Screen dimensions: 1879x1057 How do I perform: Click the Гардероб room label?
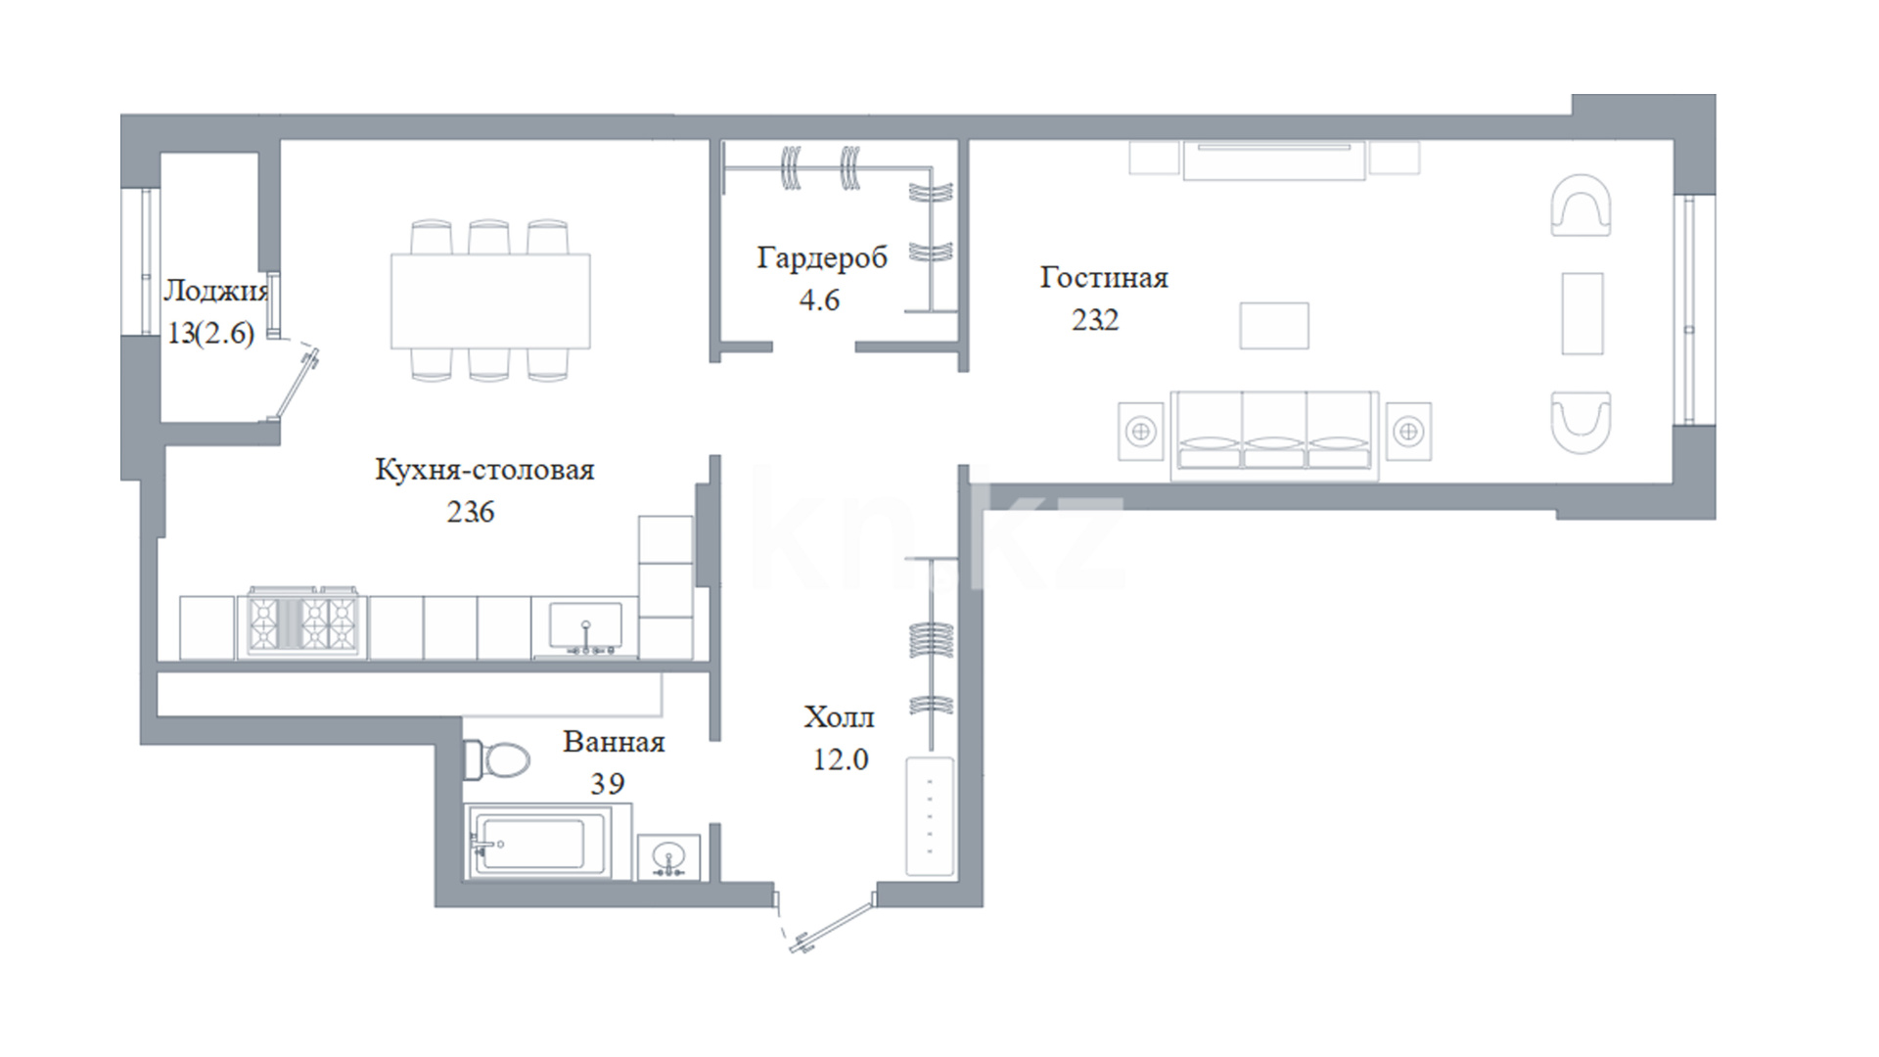[822, 257]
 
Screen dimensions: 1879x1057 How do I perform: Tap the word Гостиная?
[1104, 278]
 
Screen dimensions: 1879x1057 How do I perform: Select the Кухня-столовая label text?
[484, 470]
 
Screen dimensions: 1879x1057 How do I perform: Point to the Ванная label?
[614, 742]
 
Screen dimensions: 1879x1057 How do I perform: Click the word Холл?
[840, 717]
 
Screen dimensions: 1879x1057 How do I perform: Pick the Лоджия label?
[215, 291]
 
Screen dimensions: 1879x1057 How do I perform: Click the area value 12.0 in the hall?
[841, 759]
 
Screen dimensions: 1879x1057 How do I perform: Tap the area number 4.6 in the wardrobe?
[820, 299]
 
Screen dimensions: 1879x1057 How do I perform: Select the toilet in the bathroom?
[496, 759]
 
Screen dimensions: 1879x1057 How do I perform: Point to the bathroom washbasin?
[669, 857]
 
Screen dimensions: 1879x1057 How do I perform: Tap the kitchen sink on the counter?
[585, 628]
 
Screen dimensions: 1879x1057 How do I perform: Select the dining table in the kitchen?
[490, 300]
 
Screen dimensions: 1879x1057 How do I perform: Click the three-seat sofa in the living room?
[1274, 436]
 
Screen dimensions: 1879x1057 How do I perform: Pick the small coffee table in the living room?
[1274, 326]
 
